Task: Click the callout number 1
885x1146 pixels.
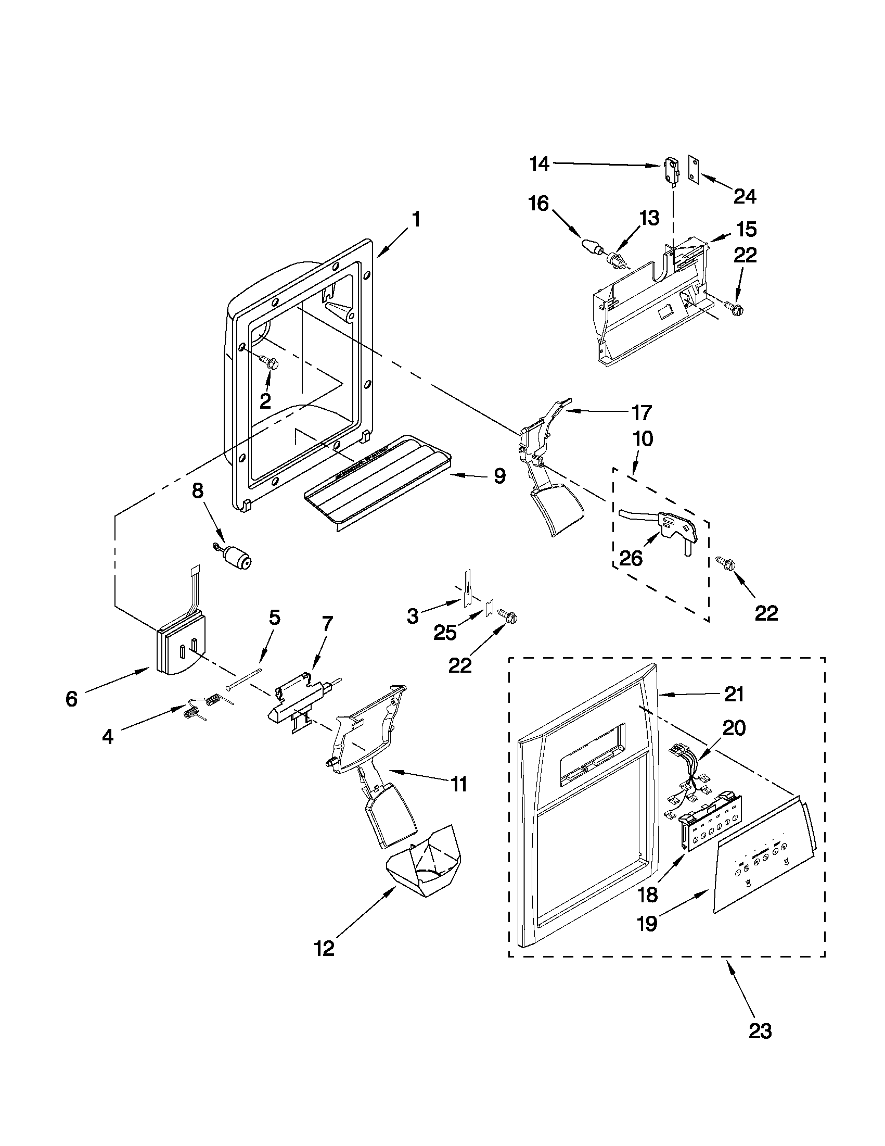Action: (416, 219)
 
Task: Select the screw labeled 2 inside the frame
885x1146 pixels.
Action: (271, 361)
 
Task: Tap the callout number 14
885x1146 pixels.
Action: (539, 164)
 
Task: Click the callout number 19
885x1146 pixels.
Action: (648, 923)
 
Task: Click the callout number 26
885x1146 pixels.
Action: (631, 559)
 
